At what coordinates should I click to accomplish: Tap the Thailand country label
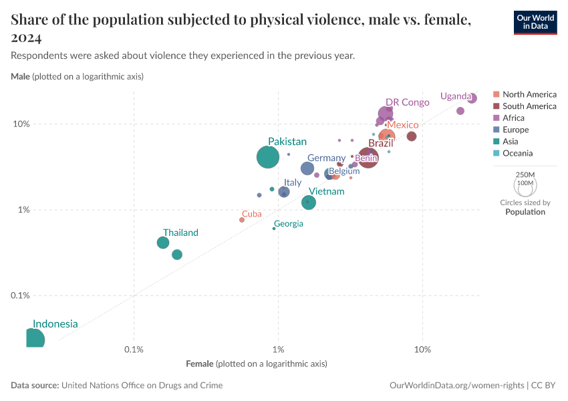point(180,233)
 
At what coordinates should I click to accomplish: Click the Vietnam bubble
point(309,202)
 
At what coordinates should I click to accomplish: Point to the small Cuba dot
point(242,220)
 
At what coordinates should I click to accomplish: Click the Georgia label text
point(289,224)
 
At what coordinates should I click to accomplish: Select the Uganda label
point(455,96)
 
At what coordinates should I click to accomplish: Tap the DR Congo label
point(407,102)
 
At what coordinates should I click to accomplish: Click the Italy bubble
point(284,192)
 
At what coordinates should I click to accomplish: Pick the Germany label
point(326,158)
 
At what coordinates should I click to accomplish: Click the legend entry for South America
point(529,106)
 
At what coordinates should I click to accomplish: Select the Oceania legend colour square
point(496,153)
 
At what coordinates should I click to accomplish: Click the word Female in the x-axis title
point(199,364)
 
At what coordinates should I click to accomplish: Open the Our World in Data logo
point(535,22)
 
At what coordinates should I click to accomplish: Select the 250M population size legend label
point(525,174)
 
